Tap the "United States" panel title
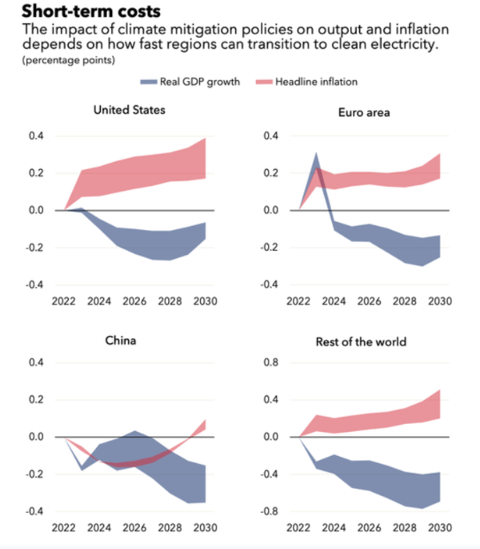coord(129,109)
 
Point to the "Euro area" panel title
coord(365,113)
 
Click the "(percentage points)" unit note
coord(68,60)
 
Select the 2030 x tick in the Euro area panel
coord(438,302)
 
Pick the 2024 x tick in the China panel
coord(98,529)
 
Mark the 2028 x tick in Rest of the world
coord(404,529)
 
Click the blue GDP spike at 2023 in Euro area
coord(316,155)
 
